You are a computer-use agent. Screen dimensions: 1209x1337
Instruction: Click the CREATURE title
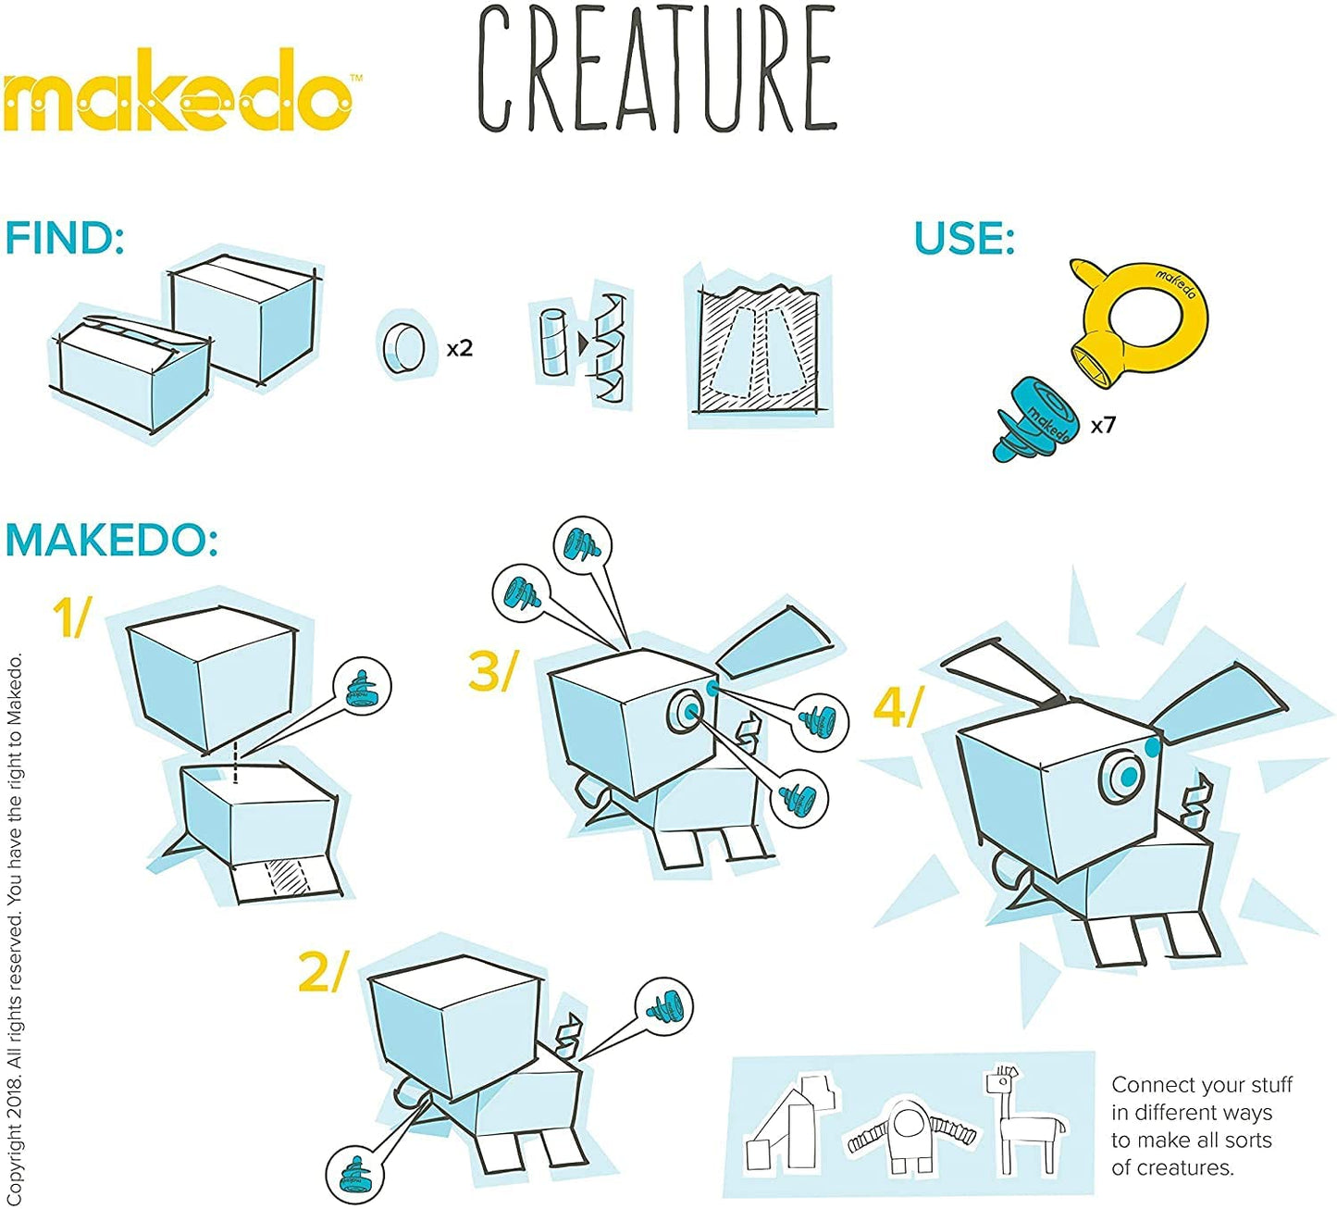coord(656,69)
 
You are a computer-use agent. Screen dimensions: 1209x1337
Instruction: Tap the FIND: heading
coord(65,238)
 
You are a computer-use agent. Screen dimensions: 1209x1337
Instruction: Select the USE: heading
coord(964,238)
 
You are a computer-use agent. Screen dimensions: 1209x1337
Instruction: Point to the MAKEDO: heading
coord(112,540)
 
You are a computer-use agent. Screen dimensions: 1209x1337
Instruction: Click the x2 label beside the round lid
coord(460,348)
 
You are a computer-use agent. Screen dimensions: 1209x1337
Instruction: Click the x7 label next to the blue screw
coord(1103,425)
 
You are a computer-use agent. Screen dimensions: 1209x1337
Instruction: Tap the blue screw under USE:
coord(1035,418)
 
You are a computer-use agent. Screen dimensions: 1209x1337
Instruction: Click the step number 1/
coord(72,617)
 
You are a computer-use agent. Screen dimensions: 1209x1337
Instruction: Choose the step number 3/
coord(492,671)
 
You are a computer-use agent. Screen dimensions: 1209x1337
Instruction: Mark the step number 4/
coord(898,708)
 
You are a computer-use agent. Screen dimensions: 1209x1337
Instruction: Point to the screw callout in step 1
coord(362,686)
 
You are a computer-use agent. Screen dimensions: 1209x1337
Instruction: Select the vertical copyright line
coord(15,926)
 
